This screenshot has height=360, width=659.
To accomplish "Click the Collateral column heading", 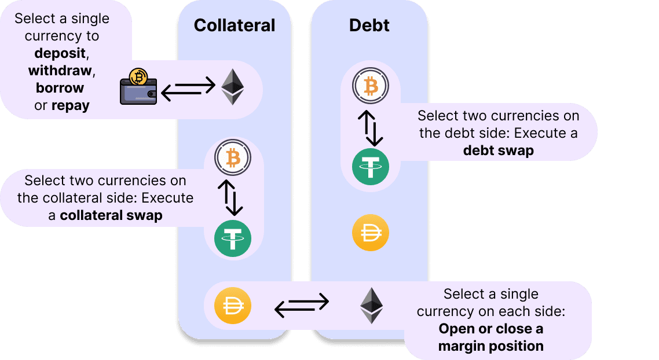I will [x=234, y=25].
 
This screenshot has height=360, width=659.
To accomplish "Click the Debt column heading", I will [x=369, y=25].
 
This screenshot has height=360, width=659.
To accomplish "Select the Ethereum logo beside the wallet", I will [x=233, y=87].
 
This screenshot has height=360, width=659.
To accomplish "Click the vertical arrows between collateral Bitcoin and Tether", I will [x=233, y=197].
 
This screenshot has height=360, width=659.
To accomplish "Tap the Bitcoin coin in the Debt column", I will [x=371, y=87].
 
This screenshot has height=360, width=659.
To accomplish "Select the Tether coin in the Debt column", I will [x=371, y=167].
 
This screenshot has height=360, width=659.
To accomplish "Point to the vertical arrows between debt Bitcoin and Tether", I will [x=371, y=128].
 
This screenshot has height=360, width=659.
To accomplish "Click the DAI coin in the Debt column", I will [x=371, y=234].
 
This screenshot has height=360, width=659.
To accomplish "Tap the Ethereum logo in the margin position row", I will [x=372, y=306].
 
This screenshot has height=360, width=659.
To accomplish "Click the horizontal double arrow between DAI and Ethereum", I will [x=301, y=305].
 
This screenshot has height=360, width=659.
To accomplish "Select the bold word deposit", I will [x=60, y=53].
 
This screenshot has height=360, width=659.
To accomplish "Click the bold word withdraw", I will [x=60, y=71].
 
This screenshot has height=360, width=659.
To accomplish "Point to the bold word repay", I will [x=70, y=105].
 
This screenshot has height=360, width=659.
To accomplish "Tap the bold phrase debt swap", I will [x=498, y=150].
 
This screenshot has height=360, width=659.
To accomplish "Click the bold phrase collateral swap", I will [x=111, y=215].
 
